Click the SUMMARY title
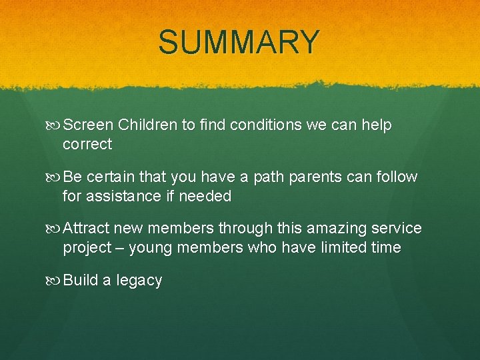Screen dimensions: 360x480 point(239,42)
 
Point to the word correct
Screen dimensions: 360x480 point(87,144)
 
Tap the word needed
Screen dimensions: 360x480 point(207,196)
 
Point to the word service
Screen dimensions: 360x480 point(397,229)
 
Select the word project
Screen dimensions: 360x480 point(87,249)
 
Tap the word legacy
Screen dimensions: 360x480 point(139,281)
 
